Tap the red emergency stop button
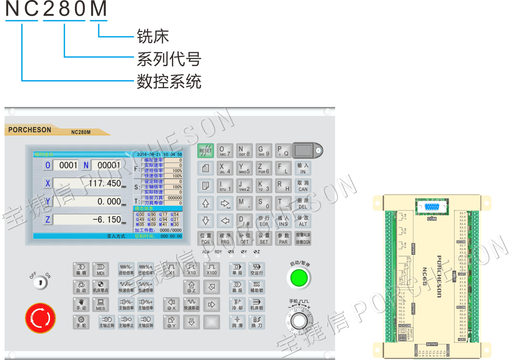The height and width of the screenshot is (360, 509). tap(40, 318)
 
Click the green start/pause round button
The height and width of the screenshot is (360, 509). tap(299, 278)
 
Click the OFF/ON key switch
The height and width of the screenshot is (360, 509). tap(40, 282)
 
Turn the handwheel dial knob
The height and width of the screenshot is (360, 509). tap(299, 321)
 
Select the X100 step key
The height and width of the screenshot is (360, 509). tap(211, 269)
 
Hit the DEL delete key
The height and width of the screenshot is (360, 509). tap(303, 203)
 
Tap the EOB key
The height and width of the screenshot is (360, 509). tap(264, 221)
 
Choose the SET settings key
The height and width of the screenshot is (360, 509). tap(264, 238)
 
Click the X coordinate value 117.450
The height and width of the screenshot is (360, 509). tap(105, 183)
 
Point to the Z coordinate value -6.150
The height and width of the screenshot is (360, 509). tap(107, 220)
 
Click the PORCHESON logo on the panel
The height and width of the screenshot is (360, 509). tap(30, 130)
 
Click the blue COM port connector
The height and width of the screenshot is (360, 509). tap(432, 207)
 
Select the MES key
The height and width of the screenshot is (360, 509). tap(100, 304)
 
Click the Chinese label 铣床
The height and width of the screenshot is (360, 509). tap(153, 36)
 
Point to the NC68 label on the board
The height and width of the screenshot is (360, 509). tap(424, 276)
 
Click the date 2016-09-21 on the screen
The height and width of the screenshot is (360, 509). tap(148, 154)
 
